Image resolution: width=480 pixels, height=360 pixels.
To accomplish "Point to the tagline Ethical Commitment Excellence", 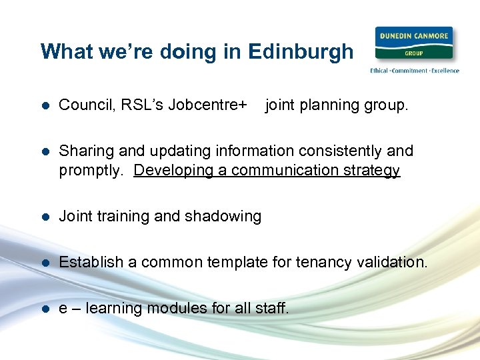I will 414,71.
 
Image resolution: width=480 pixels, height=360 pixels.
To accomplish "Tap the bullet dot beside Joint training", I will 45,217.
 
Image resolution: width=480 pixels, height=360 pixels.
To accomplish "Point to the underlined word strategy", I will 370,170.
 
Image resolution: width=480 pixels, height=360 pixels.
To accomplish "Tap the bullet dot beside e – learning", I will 45,309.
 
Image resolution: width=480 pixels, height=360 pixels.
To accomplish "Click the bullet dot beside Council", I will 45,106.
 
